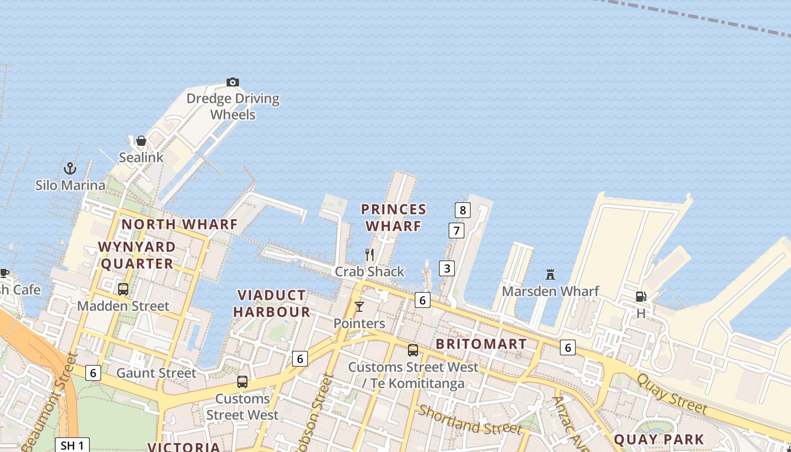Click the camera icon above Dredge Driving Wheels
(x=232, y=82)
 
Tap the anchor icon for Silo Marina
(x=70, y=168)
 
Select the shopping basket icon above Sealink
(x=141, y=141)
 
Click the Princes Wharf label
(x=394, y=218)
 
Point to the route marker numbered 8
(x=463, y=210)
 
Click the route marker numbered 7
(x=457, y=230)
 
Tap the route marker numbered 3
(x=447, y=268)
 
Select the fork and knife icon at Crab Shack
(x=370, y=254)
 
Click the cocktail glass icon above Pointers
(x=359, y=307)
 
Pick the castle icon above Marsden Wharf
(x=550, y=275)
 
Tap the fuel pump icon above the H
(x=641, y=297)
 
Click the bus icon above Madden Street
(x=123, y=289)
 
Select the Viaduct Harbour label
(x=272, y=303)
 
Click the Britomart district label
(x=481, y=344)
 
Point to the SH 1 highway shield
(x=73, y=445)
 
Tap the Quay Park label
(x=659, y=439)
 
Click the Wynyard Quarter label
(x=136, y=255)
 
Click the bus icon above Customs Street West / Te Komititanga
(x=413, y=350)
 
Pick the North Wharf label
(x=180, y=224)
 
